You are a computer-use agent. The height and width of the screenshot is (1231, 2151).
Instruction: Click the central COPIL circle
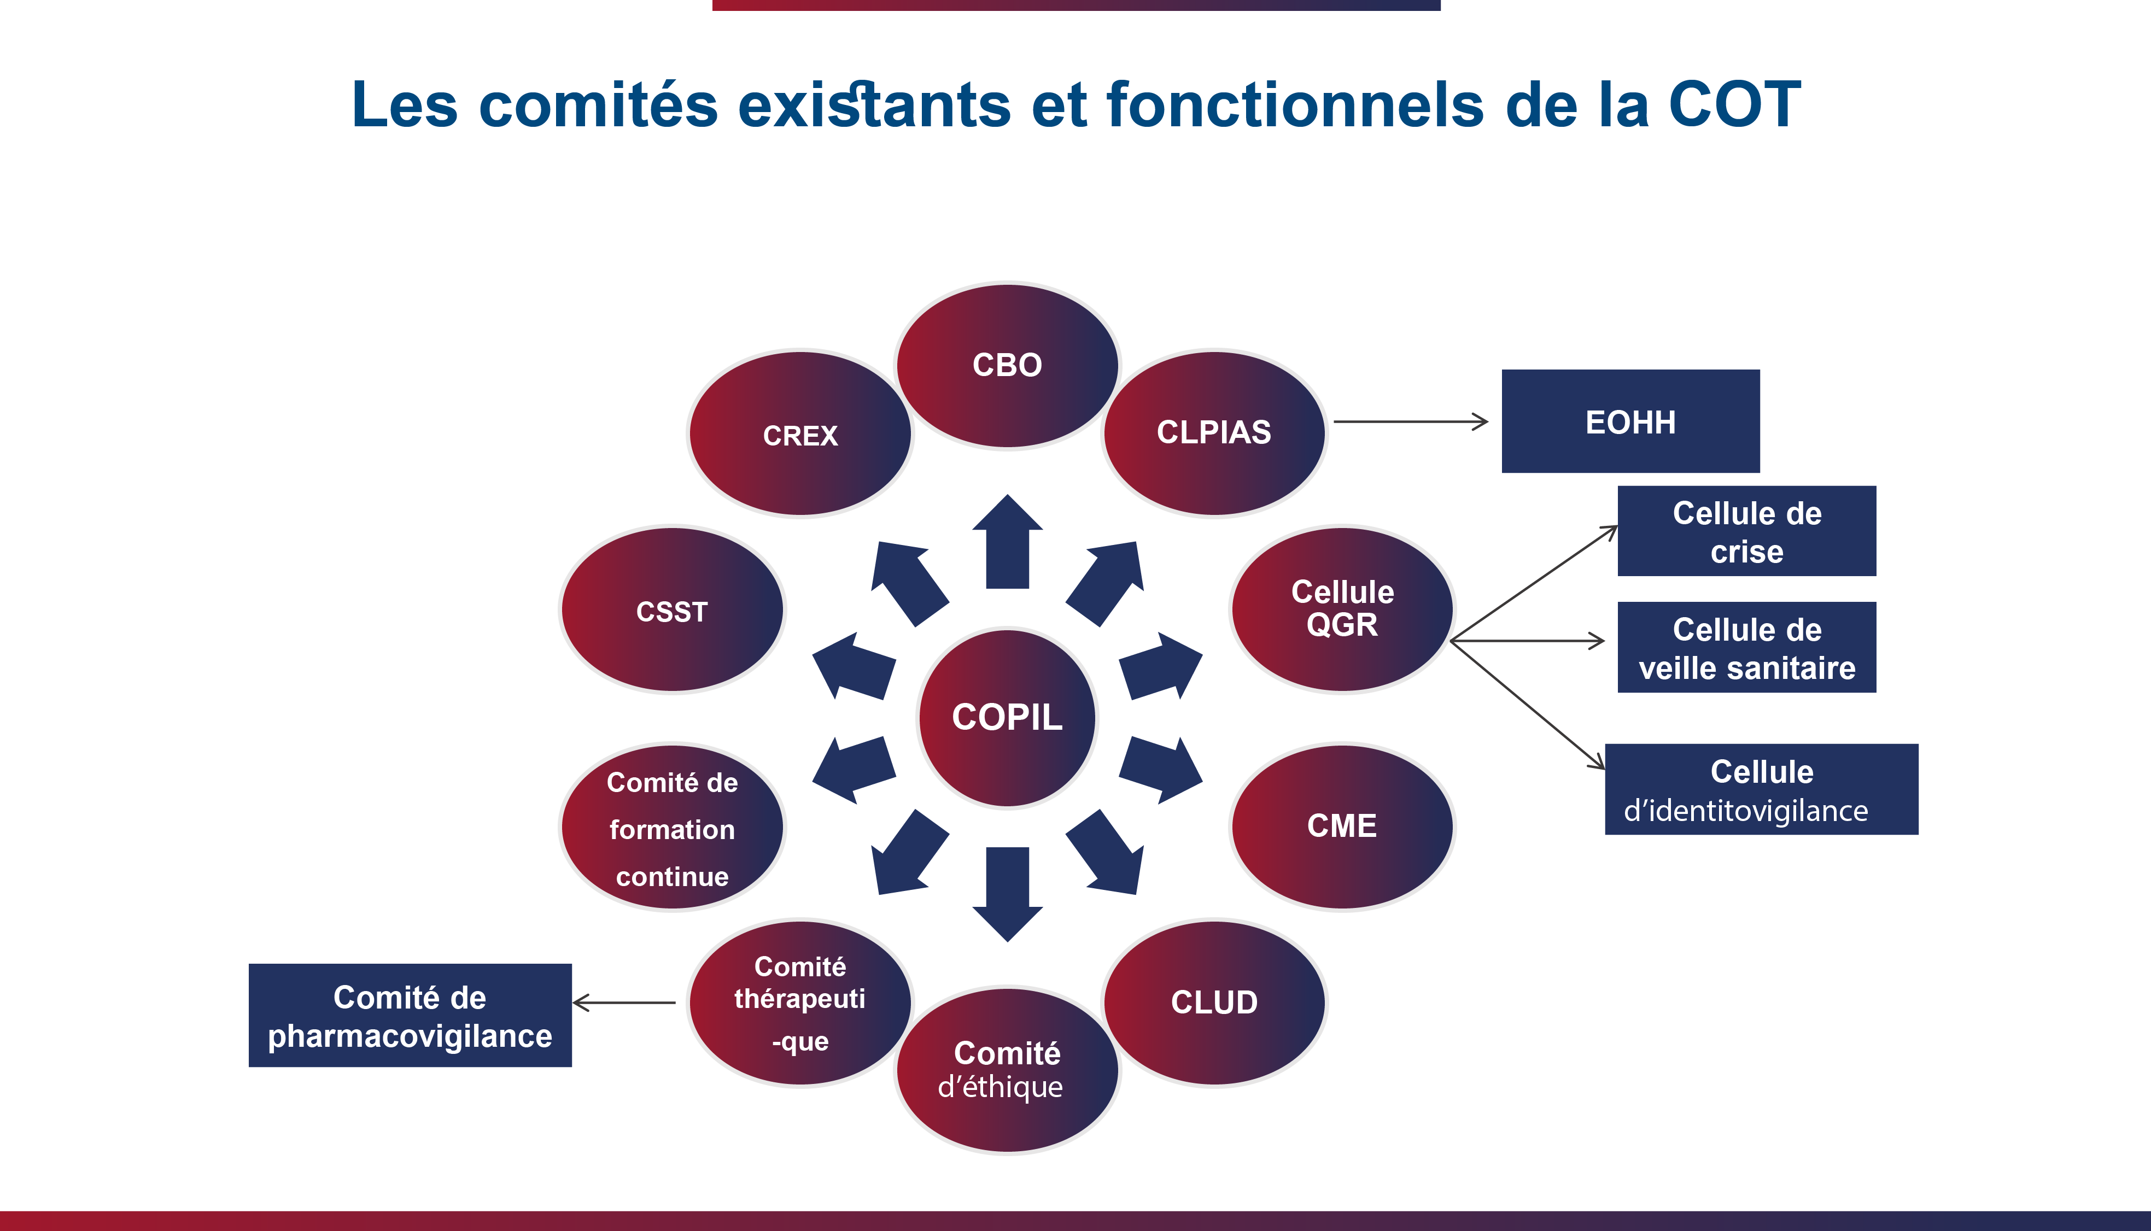(x=1007, y=718)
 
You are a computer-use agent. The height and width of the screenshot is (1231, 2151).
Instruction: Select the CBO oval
(x=1007, y=365)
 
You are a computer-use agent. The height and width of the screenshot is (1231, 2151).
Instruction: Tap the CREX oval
(x=800, y=433)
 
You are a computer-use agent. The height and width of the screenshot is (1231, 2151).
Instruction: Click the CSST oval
(x=672, y=611)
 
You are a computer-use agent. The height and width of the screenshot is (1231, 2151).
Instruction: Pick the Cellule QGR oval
(x=1342, y=609)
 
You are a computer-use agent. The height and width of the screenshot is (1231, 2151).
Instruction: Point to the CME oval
(x=1342, y=826)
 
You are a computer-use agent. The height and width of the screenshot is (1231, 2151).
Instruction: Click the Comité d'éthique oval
(x=1007, y=1070)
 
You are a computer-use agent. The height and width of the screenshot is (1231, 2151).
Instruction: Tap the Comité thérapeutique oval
(x=800, y=1003)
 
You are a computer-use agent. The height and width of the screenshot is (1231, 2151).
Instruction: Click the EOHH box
(x=1630, y=421)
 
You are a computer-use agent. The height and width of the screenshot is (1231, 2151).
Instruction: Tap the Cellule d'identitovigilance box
(x=1761, y=790)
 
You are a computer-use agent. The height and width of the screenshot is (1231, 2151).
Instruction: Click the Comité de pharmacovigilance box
(x=410, y=1016)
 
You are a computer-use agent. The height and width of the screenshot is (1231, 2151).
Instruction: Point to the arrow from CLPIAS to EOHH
(x=1410, y=421)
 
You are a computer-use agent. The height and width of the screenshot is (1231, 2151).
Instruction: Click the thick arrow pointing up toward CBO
(x=1007, y=543)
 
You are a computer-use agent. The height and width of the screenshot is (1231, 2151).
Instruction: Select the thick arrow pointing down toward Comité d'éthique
(x=1007, y=893)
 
